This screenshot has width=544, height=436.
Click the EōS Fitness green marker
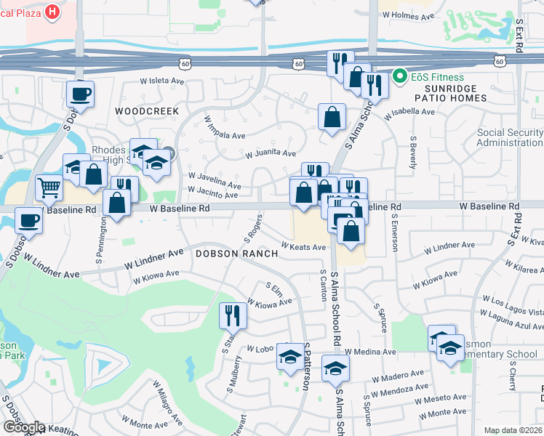[x=399, y=75]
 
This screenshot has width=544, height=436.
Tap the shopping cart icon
[x=49, y=187]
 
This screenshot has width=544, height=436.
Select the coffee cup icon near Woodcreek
[x=80, y=94]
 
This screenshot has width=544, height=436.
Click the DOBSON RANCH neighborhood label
[x=236, y=254]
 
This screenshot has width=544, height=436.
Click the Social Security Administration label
[x=510, y=137]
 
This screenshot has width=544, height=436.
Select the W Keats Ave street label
[x=303, y=247]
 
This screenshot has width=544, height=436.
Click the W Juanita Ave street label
[x=271, y=154]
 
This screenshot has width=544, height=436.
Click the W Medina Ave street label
[x=370, y=352]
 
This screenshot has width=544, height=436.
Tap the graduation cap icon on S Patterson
[x=290, y=357]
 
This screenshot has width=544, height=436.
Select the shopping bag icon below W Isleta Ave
[x=332, y=117]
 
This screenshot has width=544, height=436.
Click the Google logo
[x=23, y=427]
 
